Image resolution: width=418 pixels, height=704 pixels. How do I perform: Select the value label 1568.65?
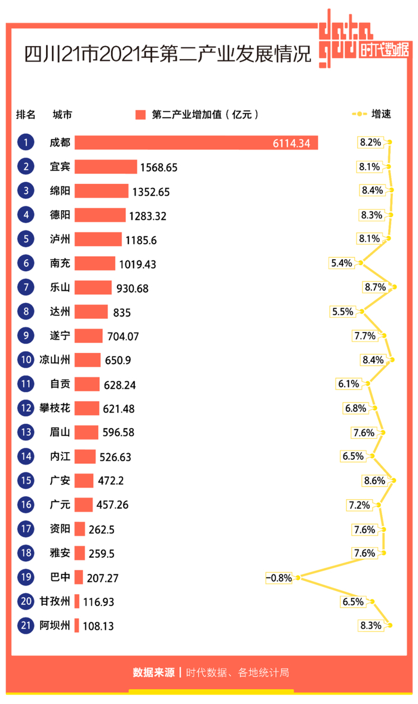(159, 167)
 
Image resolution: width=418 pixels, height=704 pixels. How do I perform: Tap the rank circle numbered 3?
(26, 191)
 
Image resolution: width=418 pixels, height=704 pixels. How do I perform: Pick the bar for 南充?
(95, 263)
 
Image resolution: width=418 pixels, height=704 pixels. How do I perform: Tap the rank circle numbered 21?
(26, 626)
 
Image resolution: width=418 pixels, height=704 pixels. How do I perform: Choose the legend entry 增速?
(380, 114)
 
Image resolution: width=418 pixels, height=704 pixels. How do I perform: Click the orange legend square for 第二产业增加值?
(141, 115)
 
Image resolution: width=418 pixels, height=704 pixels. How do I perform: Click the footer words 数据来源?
(153, 672)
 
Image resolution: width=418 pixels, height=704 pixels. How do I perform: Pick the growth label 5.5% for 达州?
(342, 311)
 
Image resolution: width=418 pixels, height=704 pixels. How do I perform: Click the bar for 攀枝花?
(87, 408)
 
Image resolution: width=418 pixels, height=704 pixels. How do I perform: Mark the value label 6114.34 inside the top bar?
(291, 143)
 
